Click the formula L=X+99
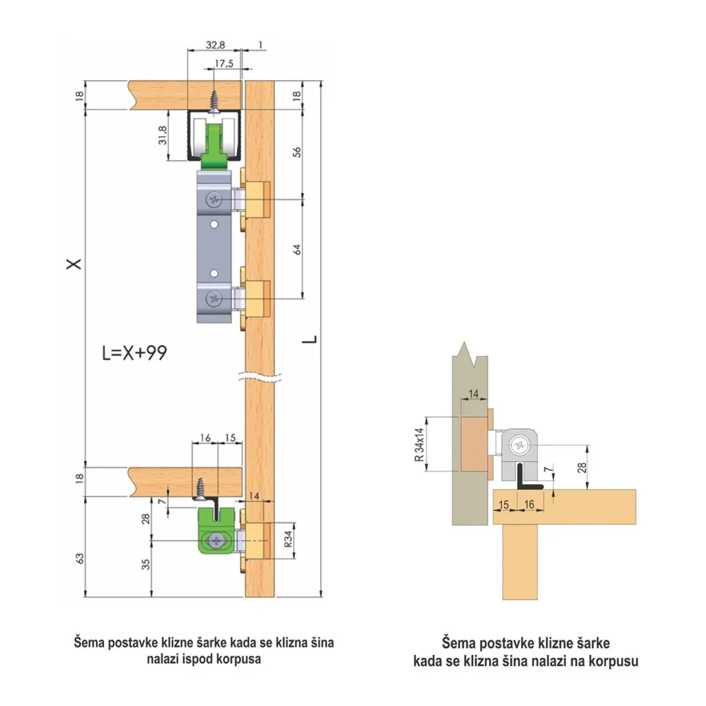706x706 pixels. (x=134, y=352)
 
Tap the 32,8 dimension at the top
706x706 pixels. (x=215, y=45)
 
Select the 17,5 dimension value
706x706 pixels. (x=224, y=63)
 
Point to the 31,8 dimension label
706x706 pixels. (x=163, y=135)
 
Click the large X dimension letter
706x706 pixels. (x=74, y=263)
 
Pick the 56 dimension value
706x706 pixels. (x=296, y=152)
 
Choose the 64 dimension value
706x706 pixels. (x=296, y=250)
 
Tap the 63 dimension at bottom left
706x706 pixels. (x=80, y=558)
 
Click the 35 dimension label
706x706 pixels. (x=146, y=564)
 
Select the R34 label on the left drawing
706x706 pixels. (x=288, y=538)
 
